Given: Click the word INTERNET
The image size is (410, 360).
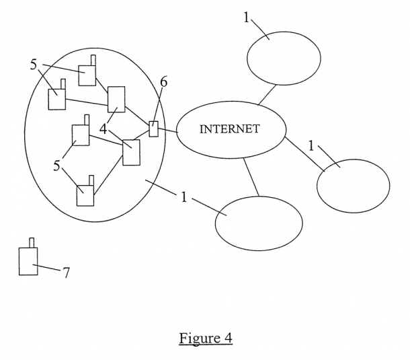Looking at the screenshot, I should [x=229, y=130].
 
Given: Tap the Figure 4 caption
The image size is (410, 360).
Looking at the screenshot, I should [x=205, y=337].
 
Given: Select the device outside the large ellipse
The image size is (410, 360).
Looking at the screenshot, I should [x=28, y=261].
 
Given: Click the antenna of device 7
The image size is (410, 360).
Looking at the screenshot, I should [x=31, y=242].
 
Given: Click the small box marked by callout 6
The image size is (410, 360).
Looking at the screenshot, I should [x=154, y=129].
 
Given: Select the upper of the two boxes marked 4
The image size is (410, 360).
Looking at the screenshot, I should [x=117, y=99].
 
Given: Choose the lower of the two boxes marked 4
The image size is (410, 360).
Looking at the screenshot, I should [x=131, y=152].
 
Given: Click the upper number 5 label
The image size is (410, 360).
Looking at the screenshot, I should [x=34, y=65].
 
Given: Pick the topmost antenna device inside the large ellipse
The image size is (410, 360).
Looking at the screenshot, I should [x=87, y=74].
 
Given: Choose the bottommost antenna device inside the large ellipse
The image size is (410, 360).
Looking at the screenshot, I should [x=85, y=195].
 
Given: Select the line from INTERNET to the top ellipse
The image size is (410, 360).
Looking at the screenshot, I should [x=268, y=95].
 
